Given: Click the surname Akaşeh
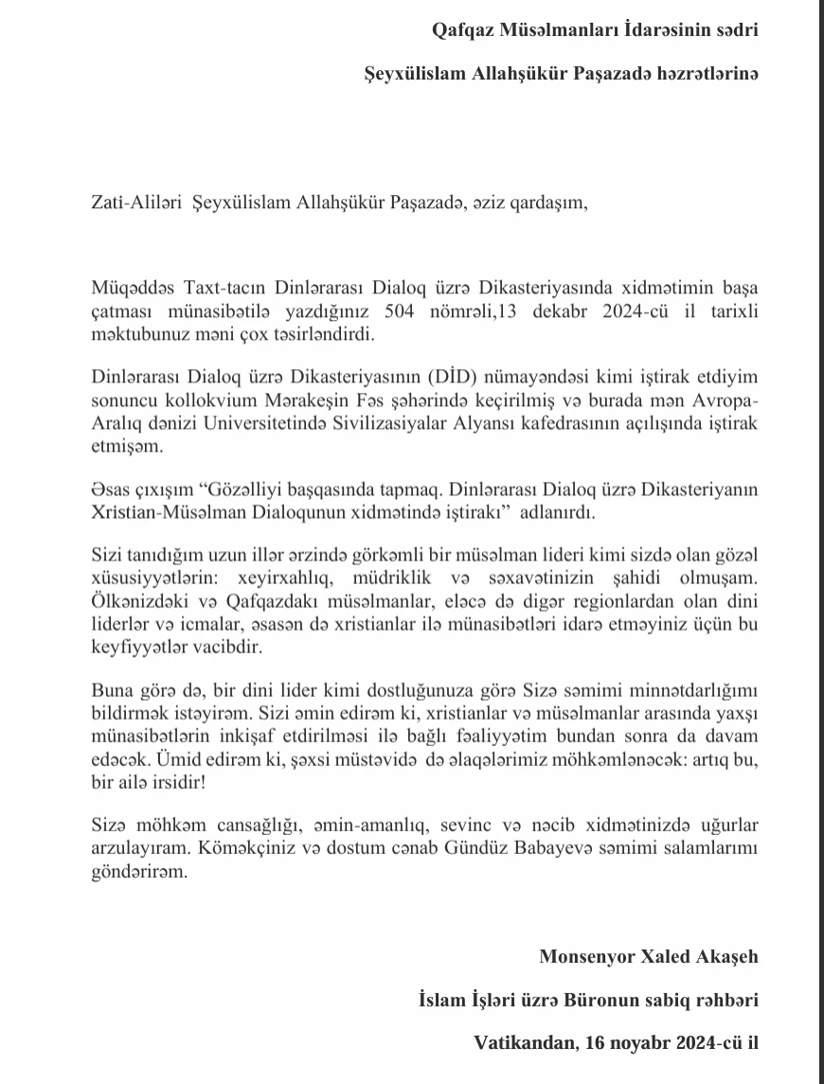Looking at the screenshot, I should [x=725, y=956].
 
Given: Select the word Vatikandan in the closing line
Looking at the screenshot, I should [x=522, y=1043].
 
